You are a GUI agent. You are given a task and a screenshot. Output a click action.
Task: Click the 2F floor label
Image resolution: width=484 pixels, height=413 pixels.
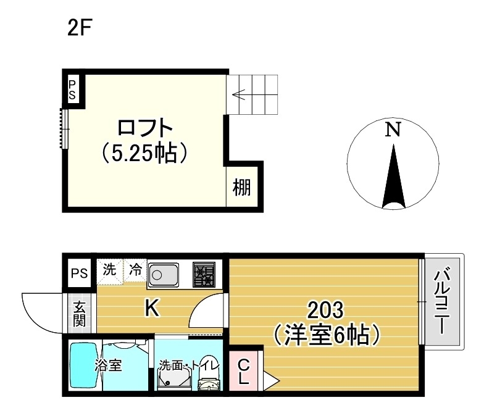pos(80,28)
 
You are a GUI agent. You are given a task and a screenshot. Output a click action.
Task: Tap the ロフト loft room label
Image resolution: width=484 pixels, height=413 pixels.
pos(144,128)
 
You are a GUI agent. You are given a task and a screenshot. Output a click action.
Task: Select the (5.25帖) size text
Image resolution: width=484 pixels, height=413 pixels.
pos(144,152)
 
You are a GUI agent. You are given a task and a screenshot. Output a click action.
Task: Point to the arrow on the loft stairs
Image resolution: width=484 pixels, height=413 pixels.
pos(241,95)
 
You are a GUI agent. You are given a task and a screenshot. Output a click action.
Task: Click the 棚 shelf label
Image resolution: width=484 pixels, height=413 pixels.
pos(242,187)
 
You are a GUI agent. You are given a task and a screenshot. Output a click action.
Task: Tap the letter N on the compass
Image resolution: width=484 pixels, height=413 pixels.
pos(393,130)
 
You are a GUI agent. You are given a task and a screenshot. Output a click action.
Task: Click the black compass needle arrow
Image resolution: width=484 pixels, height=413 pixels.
pos(393,179)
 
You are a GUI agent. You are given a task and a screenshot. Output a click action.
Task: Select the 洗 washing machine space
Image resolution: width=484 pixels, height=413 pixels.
pos(109,270)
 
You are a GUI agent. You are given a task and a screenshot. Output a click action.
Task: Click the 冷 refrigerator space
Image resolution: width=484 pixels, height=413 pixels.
pos(135,270)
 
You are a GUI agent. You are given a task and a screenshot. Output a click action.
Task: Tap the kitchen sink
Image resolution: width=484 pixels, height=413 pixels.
pos(164,272)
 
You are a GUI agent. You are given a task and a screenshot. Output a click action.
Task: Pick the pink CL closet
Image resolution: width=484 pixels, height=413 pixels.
pos(243,372)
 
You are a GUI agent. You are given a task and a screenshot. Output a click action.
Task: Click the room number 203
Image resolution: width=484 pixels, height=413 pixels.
pos(325,309)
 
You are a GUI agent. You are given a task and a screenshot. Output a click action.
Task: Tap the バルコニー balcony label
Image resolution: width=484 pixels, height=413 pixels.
pos(442,302)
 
